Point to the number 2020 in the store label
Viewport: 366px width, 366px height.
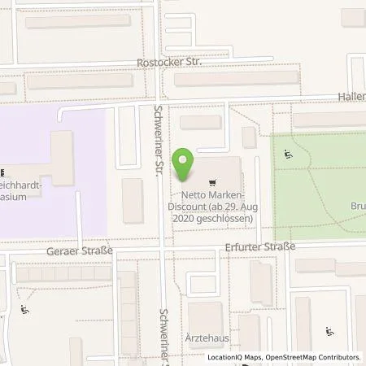coord(185,218)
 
